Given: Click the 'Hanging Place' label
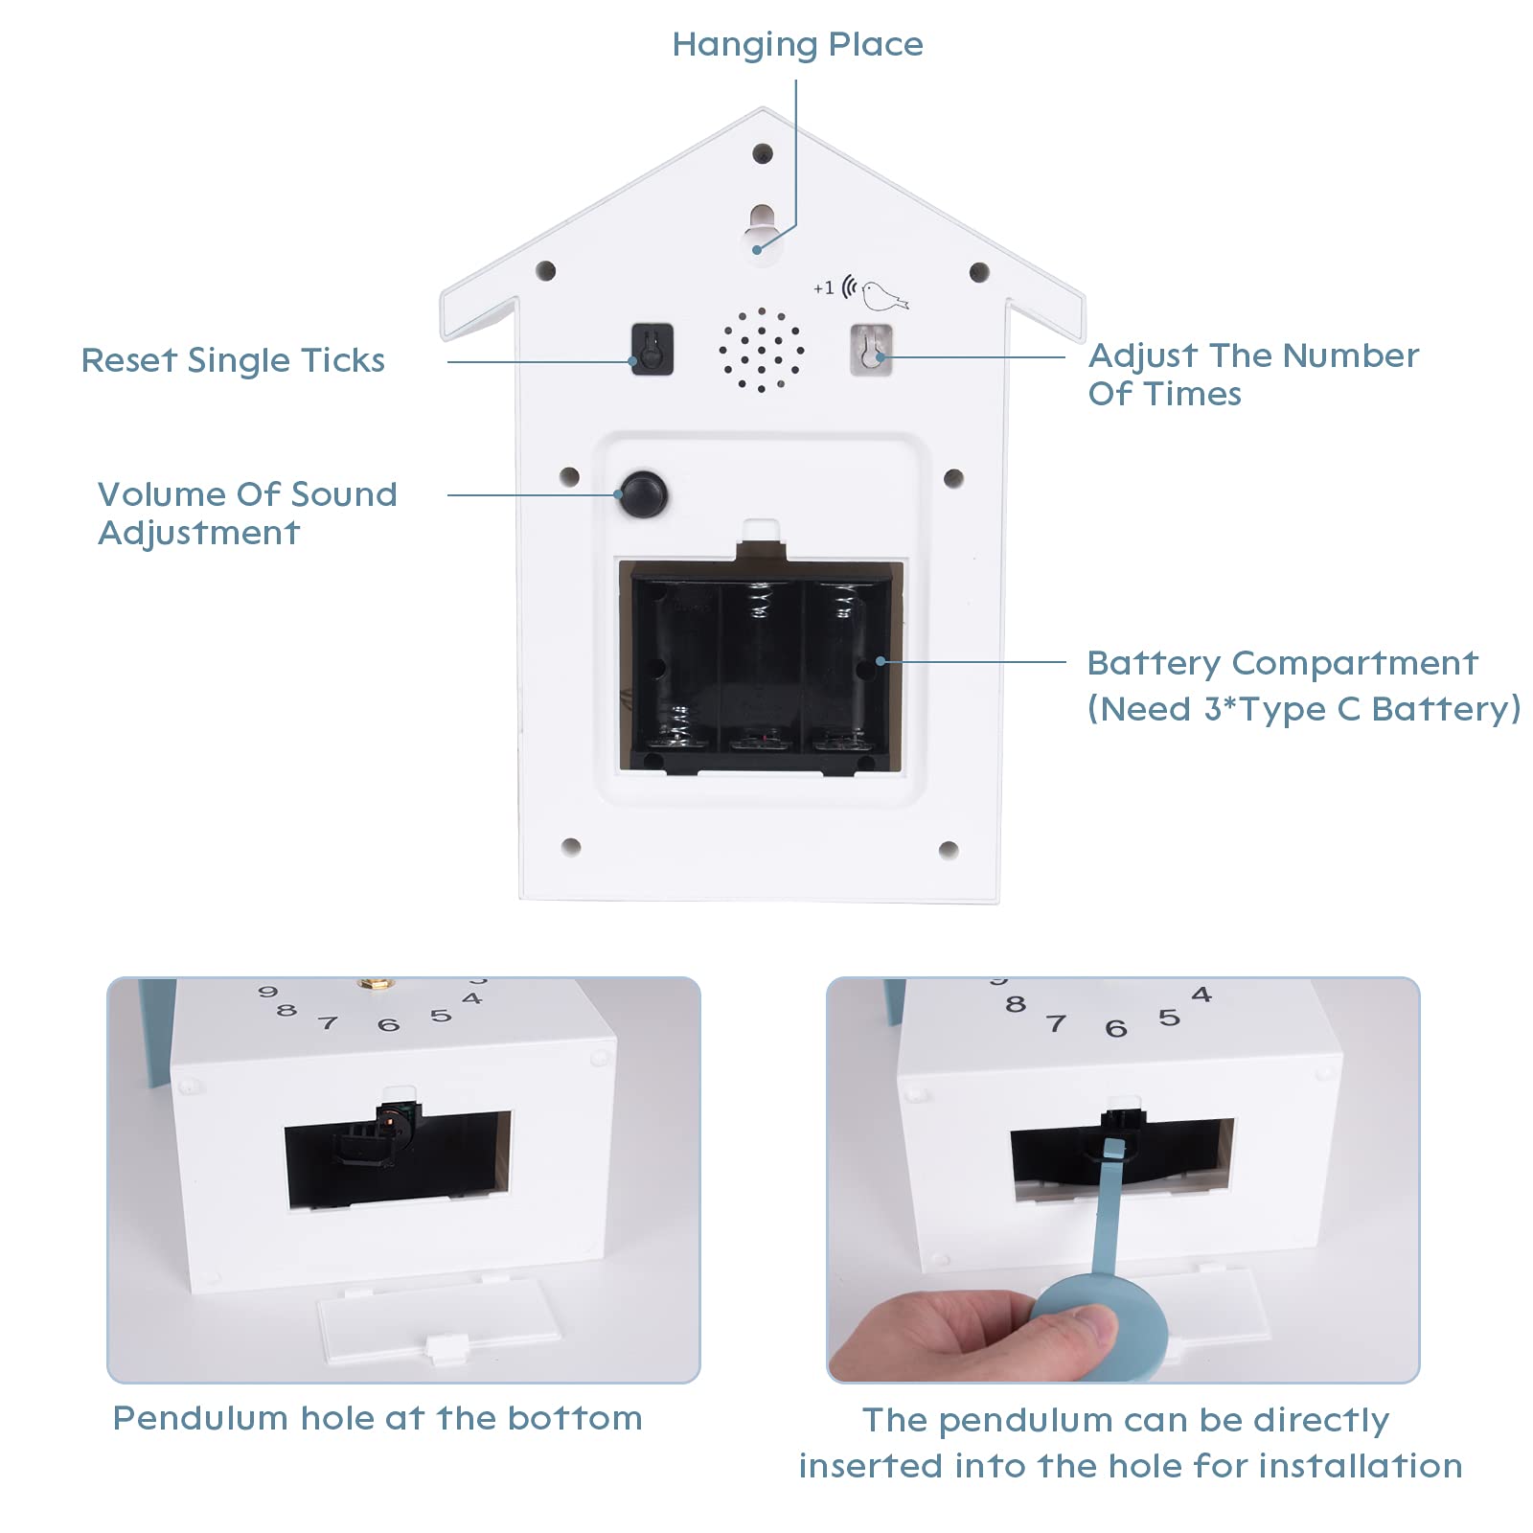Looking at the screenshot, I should pyautogui.click(x=797, y=45).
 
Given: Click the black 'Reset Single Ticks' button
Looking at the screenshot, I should pyautogui.click(x=652, y=350).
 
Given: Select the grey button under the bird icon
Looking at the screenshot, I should pyautogui.click(x=871, y=350).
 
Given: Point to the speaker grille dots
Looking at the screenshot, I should pyautogui.click(x=762, y=350).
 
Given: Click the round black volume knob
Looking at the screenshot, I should pyautogui.click(x=643, y=494).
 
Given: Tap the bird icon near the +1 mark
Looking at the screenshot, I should pyautogui.click(x=882, y=295).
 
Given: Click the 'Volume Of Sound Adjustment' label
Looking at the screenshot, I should pyautogui.click(x=247, y=514).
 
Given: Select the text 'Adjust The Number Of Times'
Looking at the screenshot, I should pyautogui.click(x=1252, y=375).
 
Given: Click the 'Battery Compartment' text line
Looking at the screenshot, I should pyautogui.click(x=1282, y=663).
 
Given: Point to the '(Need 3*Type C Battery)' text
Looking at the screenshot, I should pyautogui.click(x=1303, y=709).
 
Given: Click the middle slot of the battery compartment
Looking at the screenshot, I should pyautogui.click(x=762, y=666).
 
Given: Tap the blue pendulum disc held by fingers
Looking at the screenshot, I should pyautogui.click(x=1102, y=1327).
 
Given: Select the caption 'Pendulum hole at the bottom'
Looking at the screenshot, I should pyautogui.click(x=378, y=1418).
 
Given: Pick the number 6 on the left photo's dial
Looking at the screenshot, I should pyautogui.click(x=388, y=1025).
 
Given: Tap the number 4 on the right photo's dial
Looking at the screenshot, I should pyautogui.click(x=1201, y=995).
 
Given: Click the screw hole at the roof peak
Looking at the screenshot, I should pyautogui.click(x=763, y=153).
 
